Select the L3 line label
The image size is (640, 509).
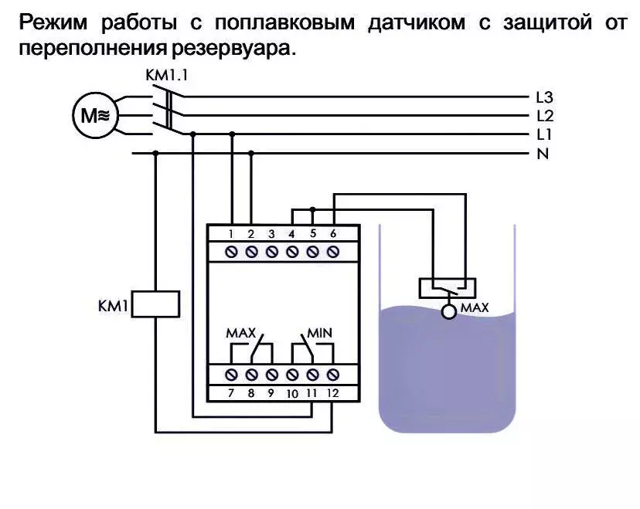[x=544, y=97]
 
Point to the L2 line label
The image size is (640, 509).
[x=545, y=116]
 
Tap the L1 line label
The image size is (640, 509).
[x=544, y=134]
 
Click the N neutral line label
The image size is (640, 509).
[x=543, y=154]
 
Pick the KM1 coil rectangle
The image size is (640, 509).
[x=155, y=304]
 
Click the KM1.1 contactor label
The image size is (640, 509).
[x=167, y=76]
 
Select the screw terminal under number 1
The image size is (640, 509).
[x=231, y=252]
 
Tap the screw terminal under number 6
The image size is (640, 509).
[x=333, y=252]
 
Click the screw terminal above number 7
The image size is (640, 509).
[x=231, y=375]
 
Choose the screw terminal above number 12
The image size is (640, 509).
[x=333, y=375]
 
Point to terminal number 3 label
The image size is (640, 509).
[x=271, y=234]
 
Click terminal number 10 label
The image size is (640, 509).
[x=292, y=394]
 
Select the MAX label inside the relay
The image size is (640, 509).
[x=241, y=333]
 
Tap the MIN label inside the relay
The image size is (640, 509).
[x=319, y=333]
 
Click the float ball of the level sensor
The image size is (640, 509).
[x=449, y=312]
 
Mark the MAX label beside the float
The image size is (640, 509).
[x=475, y=307]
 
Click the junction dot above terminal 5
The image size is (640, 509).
[x=312, y=209]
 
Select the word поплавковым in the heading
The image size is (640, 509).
[x=285, y=22]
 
